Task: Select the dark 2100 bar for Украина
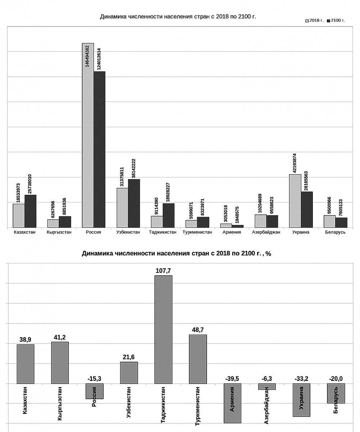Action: point(307,210)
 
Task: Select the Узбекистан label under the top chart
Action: point(128,232)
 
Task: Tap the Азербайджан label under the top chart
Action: point(266,232)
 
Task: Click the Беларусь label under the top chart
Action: point(336,232)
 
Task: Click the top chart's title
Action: point(178,17)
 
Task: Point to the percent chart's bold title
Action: point(176,253)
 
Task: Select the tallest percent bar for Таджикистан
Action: point(163,329)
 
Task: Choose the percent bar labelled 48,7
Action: point(198,359)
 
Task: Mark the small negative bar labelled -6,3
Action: point(267,386)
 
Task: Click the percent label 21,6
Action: point(129,357)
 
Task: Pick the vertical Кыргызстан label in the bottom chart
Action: point(60,404)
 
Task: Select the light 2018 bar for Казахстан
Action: point(19,216)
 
